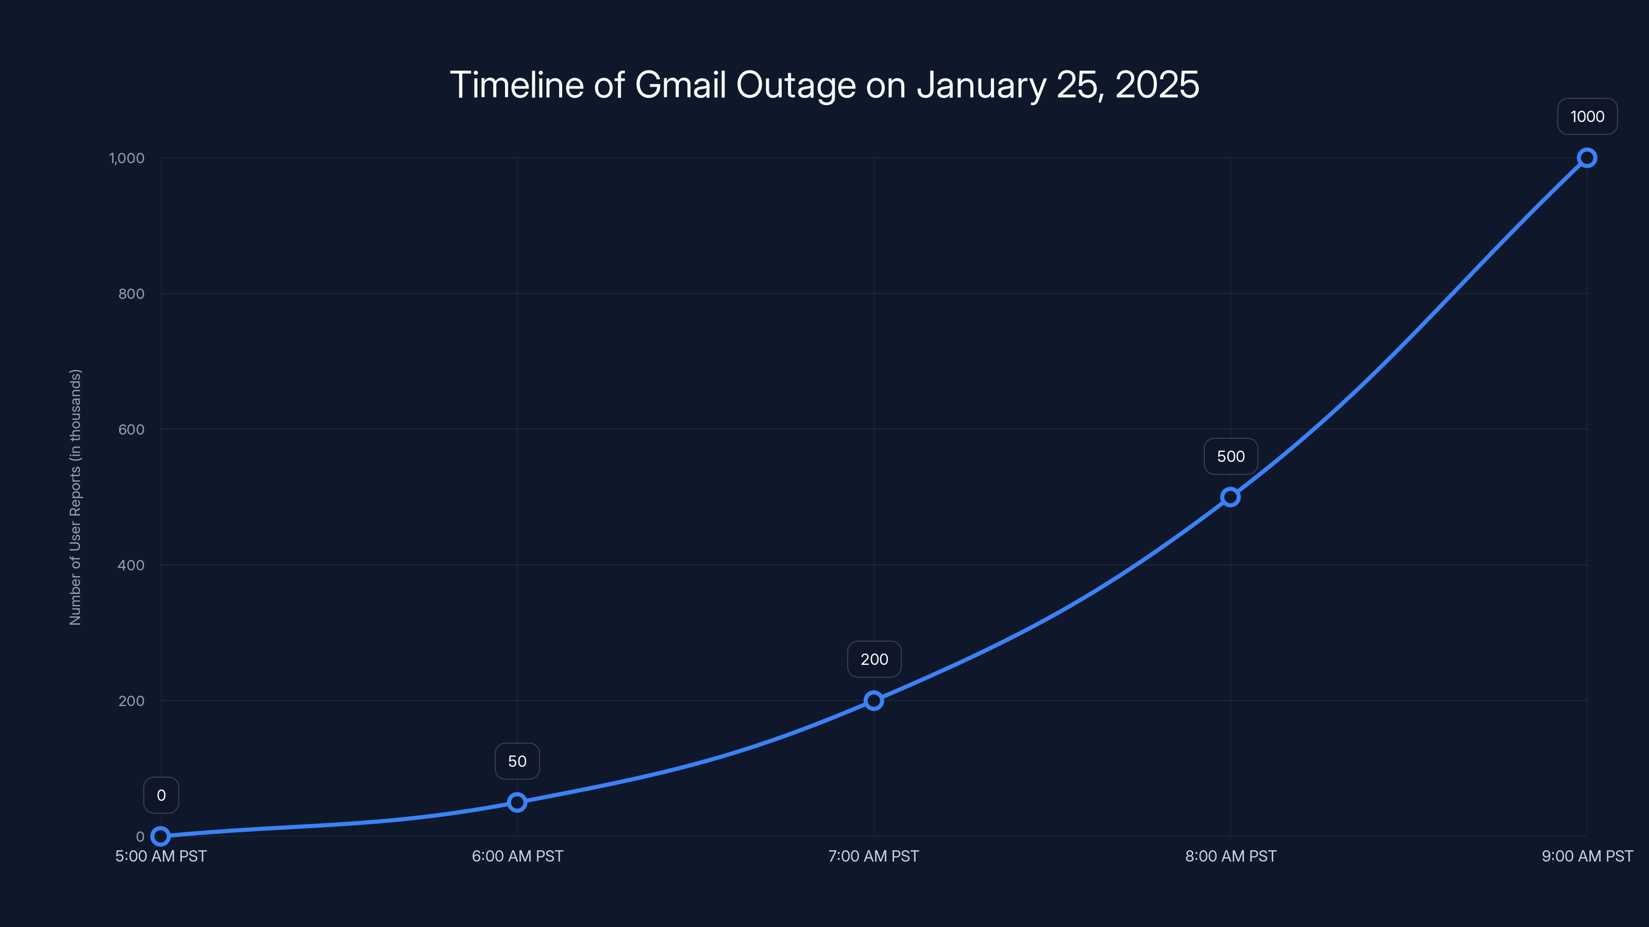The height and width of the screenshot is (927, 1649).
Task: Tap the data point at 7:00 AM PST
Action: coord(874,700)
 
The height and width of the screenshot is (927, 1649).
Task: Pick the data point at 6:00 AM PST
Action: coord(517,802)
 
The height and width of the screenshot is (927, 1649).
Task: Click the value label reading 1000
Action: coord(1587,116)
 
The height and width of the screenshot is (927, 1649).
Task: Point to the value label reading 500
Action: coord(1231,456)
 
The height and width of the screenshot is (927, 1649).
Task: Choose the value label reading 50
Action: coord(517,761)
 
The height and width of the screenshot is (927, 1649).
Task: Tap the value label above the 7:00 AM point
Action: coord(874,660)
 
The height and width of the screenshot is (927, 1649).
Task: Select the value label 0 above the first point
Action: coord(161,795)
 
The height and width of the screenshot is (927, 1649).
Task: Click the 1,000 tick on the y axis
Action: coord(127,158)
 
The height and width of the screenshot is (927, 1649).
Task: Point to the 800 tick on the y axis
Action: coord(131,294)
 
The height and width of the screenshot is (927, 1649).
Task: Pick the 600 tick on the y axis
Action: coord(131,430)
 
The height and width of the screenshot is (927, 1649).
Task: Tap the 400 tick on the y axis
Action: coord(131,565)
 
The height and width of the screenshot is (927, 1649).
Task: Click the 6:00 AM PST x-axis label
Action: coord(517,856)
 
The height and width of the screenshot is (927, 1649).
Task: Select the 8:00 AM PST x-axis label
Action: coord(1231,856)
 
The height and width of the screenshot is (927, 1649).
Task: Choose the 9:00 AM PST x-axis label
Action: coord(1587,856)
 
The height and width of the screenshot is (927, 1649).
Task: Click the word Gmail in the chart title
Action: coord(681,85)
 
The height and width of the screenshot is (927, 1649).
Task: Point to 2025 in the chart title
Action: coord(1157,85)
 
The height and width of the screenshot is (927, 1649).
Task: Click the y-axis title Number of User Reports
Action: coord(76,497)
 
